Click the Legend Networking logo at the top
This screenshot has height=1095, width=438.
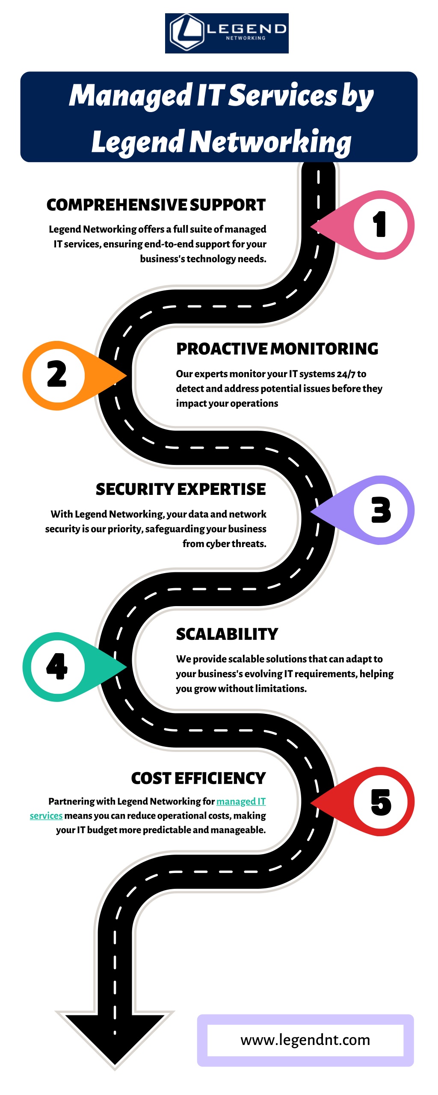click(227, 33)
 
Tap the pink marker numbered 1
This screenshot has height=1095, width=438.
click(368, 225)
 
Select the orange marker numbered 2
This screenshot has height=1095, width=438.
click(68, 376)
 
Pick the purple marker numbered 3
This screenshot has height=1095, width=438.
click(368, 510)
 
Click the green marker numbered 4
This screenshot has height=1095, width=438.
click(68, 667)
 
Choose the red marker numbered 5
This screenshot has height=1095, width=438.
click(368, 802)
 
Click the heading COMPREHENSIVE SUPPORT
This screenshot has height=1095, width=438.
click(156, 205)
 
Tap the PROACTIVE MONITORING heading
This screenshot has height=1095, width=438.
click(277, 349)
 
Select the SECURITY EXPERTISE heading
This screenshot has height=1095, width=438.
click(181, 489)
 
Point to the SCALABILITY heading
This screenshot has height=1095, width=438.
click(227, 634)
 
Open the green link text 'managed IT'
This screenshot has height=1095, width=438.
click(241, 801)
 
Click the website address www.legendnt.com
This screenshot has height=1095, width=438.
click(305, 1039)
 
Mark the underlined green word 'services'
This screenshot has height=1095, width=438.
click(46, 816)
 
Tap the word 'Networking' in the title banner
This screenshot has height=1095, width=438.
click(270, 142)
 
